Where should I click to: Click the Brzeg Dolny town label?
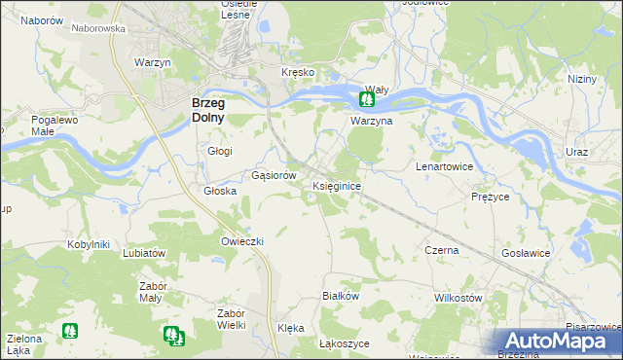click(208, 109)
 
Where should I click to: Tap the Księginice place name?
click(338, 185)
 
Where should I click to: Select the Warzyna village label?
click(371, 122)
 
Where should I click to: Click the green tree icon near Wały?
click(368, 99)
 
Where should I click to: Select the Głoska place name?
click(220, 192)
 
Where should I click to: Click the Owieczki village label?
click(242, 240)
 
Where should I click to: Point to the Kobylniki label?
click(88, 244)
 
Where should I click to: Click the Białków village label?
click(342, 296)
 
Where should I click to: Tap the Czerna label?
click(441, 250)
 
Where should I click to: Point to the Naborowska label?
click(99, 29)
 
